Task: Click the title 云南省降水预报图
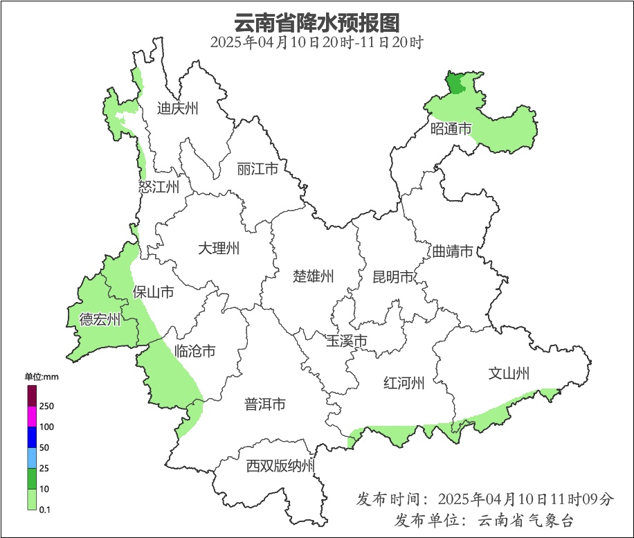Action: (317, 23)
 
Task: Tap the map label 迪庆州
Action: (177, 108)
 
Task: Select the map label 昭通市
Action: (451, 129)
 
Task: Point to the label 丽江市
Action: (257, 169)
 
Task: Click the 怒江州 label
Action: (158, 187)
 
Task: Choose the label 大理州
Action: (218, 248)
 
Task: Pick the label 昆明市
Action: (392, 278)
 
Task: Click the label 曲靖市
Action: (453, 251)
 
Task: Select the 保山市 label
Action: (153, 292)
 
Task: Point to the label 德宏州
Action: (100, 319)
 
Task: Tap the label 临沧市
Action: (194, 352)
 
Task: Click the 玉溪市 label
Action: (346, 341)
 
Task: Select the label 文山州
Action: (509, 374)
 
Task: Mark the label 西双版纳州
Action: (280, 466)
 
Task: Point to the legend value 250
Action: (48, 406)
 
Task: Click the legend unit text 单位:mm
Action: (42, 377)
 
